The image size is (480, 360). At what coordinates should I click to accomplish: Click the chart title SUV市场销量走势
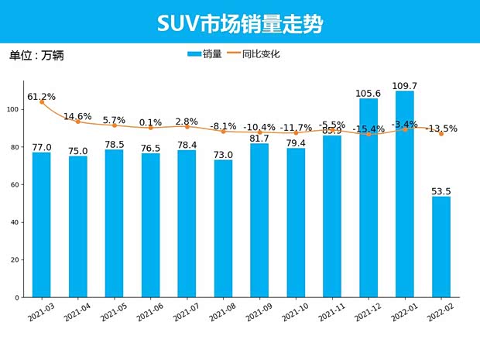click(240, 23)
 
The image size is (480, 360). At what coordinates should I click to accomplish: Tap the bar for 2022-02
click(441, 248)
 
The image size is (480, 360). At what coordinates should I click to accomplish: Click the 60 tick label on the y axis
click(15, 185)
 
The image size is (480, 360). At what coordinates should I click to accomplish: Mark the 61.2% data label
click(42, 97)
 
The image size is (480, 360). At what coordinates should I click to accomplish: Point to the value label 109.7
click(404, 86)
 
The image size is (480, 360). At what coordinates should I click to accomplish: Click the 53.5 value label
click(441, 191)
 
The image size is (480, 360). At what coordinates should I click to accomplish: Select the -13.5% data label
click(441, 129)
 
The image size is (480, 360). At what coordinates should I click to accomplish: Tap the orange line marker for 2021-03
click(42, 102)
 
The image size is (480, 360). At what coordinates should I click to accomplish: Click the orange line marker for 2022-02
click(441, 134)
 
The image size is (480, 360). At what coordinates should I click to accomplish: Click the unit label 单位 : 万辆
click(36, 56)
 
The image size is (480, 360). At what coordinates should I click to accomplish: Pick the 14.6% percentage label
click(77, 116)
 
